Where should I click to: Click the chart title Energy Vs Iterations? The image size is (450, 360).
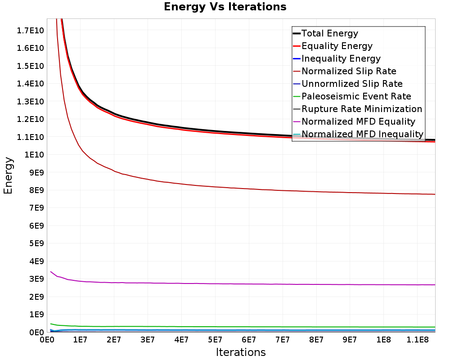225,7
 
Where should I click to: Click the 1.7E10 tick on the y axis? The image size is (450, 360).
30,31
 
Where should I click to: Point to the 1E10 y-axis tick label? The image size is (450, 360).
34,155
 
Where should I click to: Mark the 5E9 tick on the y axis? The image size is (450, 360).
36,243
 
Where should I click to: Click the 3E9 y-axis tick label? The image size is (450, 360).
36,279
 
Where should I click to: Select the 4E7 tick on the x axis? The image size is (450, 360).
181,340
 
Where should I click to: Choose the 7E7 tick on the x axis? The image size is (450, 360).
283,340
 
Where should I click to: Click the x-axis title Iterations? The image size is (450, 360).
241,352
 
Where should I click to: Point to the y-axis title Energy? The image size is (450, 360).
8,175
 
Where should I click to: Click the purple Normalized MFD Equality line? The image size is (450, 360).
243,284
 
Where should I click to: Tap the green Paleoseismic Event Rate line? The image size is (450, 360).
243,327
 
